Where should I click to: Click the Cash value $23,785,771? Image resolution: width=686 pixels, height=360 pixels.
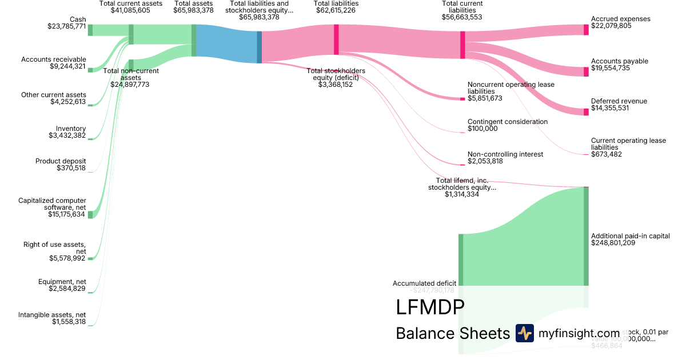point(67,26)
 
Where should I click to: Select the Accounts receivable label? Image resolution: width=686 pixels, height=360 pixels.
point(54,59)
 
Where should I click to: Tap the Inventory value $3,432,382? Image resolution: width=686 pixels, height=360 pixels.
point(67,135)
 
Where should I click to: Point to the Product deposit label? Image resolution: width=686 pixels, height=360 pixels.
point(61,161)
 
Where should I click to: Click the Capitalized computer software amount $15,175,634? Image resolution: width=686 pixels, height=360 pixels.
point(67,214)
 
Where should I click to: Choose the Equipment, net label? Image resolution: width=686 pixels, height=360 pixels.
point(62,281)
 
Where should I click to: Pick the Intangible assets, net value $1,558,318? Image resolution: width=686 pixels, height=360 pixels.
point(68,322)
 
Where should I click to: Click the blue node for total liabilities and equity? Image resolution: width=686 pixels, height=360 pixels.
point(259,47)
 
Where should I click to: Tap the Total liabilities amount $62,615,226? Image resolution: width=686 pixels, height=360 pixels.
point(336,10)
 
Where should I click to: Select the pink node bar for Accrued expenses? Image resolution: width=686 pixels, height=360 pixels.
point(586,30)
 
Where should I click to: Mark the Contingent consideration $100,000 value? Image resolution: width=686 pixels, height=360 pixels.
point(482,129)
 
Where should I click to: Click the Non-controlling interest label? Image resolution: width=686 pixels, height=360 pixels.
point(505,154)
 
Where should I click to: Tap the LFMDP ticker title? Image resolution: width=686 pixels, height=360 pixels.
point(429,307)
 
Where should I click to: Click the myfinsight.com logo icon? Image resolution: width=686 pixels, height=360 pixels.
point(524,333)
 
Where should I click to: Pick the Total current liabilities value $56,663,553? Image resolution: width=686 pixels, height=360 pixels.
point(462,17)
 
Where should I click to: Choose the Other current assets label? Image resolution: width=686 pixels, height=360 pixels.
point(54,95)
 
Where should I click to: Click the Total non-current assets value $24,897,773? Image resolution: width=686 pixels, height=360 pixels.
point(131,84)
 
